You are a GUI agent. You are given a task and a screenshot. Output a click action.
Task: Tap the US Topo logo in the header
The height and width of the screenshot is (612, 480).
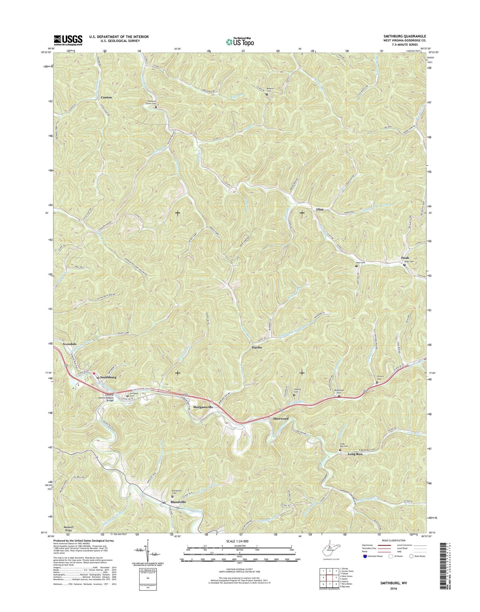pyautogui.click(x=240, y=41)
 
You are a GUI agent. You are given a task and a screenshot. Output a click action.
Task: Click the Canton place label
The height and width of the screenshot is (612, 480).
pyautogui.click(x=106, y=97)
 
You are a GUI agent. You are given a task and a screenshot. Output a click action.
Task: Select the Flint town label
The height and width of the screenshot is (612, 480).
pyautogui.click(x=320, y=209)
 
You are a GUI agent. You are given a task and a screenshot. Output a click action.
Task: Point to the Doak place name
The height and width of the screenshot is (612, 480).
pyautogui.click(x=405, y=258)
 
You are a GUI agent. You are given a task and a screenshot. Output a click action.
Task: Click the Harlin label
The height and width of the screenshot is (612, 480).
pyautogui.click(x=256, y=347)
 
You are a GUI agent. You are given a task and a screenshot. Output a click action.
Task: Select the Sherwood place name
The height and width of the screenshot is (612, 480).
pyautogui.click(x=281, y=419)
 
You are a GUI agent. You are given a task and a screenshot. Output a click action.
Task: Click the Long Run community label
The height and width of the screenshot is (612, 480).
pyautogui.click(x=355, y=454)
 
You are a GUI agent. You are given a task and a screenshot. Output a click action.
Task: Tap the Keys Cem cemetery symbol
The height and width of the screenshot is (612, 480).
pyautogui.click(x=357, y=266)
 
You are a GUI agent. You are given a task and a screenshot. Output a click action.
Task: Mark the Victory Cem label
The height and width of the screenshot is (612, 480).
pyautogui.click(x=380, y=377)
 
